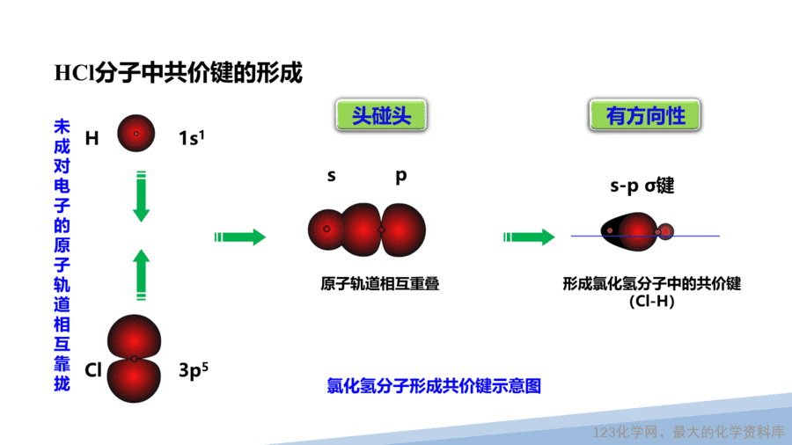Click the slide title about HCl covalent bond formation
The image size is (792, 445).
click(x=179, y=73)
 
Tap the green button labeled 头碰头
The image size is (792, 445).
click(x=381, y=115)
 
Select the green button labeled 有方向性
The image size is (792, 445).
click(x=645, y=115)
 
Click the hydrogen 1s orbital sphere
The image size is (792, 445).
click(x=136, y=133)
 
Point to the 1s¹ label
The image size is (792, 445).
click(x=192, y=137)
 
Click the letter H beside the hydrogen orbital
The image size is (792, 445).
click(x=92, y=138)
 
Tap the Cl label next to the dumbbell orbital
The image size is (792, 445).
click(x=93, y=370)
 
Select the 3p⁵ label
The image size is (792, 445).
click(x=194, y=370)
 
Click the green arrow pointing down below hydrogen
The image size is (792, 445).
click(x=142, y=197)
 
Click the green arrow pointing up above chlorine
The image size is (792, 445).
click(x=142, y=275)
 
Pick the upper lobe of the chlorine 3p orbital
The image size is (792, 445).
click(x=134, y=337)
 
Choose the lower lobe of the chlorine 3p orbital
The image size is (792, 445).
click(x=134, y=381)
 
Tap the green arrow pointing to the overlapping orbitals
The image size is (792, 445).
click(x=240, y=237)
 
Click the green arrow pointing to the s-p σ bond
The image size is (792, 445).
click(x=530, y=237)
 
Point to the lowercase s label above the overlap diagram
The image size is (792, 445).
click(x=332, y=176)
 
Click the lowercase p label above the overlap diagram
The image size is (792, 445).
click(x=401, y=176)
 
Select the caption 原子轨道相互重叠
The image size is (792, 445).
click(x=380, y=283)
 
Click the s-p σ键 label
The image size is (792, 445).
click(x=642, y=186)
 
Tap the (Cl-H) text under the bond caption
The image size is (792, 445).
click(x=651, y=301)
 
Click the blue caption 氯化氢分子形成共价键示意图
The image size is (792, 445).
click(x=434, y=386)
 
